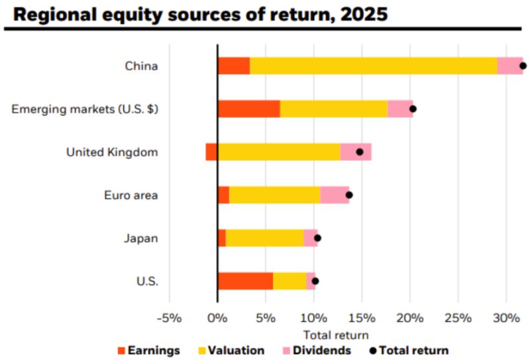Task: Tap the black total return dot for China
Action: click(x=523, y=66)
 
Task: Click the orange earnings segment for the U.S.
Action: click(x=245, y=281)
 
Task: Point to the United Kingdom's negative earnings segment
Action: click(x=211, y=152)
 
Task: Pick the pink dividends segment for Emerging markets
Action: click(x=400, y=109)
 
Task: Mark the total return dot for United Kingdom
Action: click(x=360, y=152)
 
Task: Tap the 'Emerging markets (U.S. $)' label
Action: click(x=85, y=109)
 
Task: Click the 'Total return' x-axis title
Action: click(x=335, y=335)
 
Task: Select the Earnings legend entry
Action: click(x=148, y=350)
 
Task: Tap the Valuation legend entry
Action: click(x=230, y=350)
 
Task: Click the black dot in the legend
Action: click(x=374, y=350)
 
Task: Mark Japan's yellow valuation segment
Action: click(x=264, y=238)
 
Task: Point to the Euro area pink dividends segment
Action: click(x=335, y=195)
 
